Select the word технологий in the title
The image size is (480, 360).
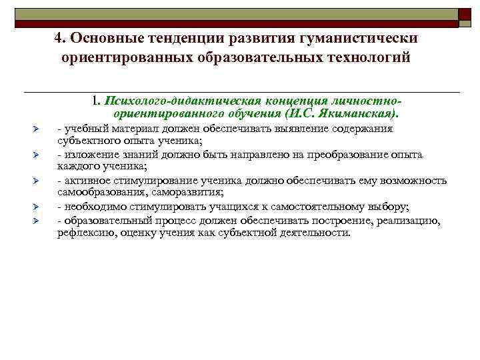click(x=367, y=57)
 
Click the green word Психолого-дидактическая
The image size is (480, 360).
click(x=171, y=101)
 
